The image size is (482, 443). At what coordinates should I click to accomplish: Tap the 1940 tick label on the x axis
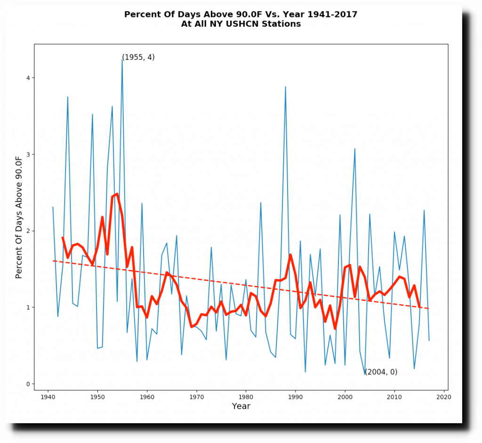[48, 397]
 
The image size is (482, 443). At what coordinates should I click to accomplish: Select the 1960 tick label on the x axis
[147, 397]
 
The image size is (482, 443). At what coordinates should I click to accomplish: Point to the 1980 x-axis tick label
[246, 397]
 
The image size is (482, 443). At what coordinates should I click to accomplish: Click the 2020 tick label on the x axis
[444, 397]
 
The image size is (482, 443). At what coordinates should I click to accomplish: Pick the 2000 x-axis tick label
[345, 397]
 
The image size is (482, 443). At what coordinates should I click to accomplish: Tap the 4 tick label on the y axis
[27, 78]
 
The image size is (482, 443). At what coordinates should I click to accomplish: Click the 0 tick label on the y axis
[27, 384]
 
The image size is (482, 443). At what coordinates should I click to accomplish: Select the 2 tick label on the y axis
[27, 231]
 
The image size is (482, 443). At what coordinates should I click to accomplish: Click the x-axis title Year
[241, 406]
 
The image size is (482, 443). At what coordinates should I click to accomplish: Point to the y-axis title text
[19, 217]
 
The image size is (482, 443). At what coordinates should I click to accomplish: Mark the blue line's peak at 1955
[122, 60]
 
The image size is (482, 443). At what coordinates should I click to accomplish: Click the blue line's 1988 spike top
[285, 87]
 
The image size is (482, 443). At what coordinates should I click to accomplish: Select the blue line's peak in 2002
[355, 149]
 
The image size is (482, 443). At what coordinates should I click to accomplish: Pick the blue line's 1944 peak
[68, 97]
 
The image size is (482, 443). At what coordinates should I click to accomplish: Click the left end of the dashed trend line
[53, 261]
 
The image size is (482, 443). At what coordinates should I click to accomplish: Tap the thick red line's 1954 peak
[117, 194]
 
